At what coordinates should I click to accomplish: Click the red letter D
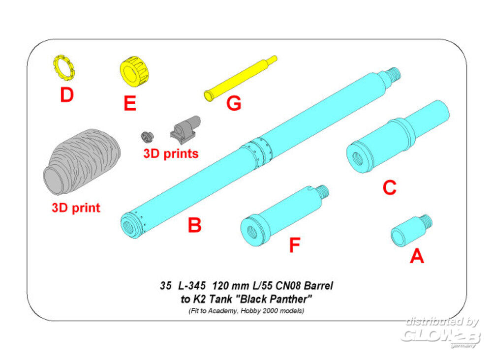point(66,95)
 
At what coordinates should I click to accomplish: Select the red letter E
point(129,103)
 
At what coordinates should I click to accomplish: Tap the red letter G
point(234,104)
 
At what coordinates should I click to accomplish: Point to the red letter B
point(195,225)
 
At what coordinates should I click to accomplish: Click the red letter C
point(389,187)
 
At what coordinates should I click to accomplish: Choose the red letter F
point(294,245)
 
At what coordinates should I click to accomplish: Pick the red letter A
point(417,256)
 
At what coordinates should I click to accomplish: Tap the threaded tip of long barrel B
point(394,74)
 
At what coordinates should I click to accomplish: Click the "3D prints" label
point(171,153)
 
